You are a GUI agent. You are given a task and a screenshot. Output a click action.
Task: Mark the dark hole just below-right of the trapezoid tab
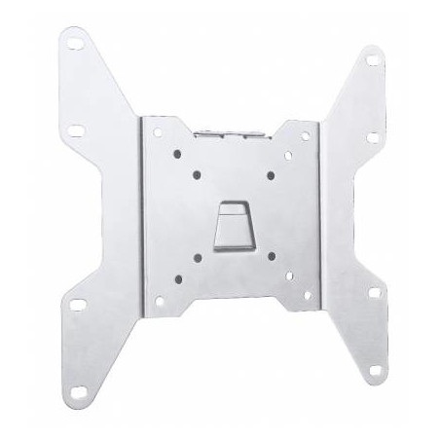click(x=242, y=256)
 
